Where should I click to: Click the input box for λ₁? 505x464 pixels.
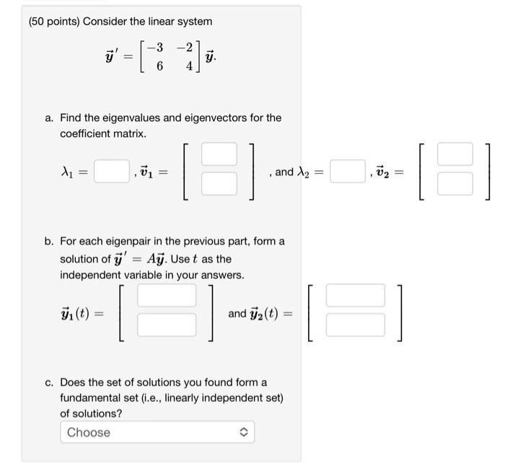coord(112,172)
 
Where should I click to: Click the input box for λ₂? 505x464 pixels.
coord(347,172)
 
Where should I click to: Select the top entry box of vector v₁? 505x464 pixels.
coord(219,154)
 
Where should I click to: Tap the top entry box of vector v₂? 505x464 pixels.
coord(455,154)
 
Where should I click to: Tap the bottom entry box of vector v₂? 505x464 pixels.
coord(455,184)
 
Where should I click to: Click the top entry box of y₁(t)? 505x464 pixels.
coord(167,295)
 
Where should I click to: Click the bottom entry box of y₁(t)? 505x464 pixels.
coord(167,325)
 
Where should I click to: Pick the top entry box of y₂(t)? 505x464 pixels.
coord(355,295)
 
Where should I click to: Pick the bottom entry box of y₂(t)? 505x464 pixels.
coord(355,325)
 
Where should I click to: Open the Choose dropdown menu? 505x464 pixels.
coord(157,432)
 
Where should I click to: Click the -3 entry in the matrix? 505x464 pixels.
coord(155,48)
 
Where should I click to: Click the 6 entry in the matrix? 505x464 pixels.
coord(159,66)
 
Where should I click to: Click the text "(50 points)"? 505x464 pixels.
coord(54,21)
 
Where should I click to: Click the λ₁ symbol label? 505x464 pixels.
coord(69,172)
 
